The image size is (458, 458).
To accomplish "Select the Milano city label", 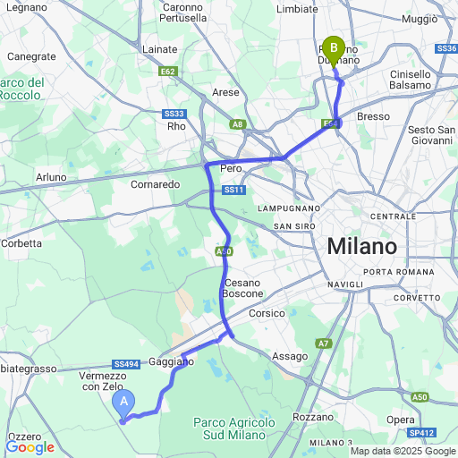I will coord(361,246).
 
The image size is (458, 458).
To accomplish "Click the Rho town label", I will coord(175,126).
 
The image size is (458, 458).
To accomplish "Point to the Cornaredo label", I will coord(156,184).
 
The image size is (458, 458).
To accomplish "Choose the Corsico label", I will coord(267,313).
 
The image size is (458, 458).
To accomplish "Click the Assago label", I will coord(289,355).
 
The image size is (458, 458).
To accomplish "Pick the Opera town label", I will coord(400,420).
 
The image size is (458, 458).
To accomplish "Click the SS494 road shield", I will coord(126,364).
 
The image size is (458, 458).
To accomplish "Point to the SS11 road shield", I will coord(233,190).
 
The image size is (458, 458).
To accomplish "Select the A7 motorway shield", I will coord(323,343).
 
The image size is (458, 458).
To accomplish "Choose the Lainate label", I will coord(160,50).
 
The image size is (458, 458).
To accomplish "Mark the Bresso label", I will coord(373,116).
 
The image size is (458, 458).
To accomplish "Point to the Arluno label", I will coord(51,177).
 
